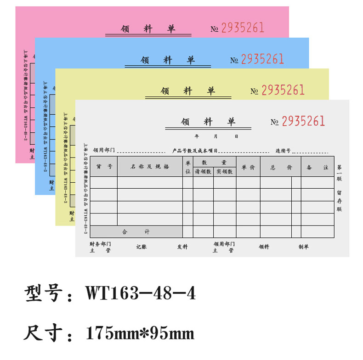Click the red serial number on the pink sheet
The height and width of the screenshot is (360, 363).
pos(243,28)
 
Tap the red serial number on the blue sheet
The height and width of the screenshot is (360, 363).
pos(262,59)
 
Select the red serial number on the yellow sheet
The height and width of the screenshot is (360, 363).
pos(283,90)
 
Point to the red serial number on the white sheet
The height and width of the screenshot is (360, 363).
pos(303,121)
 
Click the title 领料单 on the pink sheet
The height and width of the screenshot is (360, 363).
pos(148,29)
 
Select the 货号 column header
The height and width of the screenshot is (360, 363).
pos(104,167)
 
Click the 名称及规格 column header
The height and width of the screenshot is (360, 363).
pos(150,167)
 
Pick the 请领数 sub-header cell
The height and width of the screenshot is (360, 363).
pos(203,172)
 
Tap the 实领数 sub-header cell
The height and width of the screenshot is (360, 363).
pos(225,172)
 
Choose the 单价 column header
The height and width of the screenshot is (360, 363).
pos(248,168)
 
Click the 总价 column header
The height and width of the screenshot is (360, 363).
pos(281,168)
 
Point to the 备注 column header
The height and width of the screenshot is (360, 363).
pos(318,168)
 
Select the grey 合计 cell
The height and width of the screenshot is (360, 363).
pos(136,232)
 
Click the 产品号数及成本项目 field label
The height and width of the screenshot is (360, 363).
pos(195,151)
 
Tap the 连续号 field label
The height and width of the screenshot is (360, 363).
pos(283,151)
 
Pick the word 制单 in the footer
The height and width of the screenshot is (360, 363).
pos(304,247)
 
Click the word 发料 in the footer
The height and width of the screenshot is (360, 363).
pos(182,247)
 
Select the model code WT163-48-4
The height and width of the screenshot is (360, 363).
pos(141,293)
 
